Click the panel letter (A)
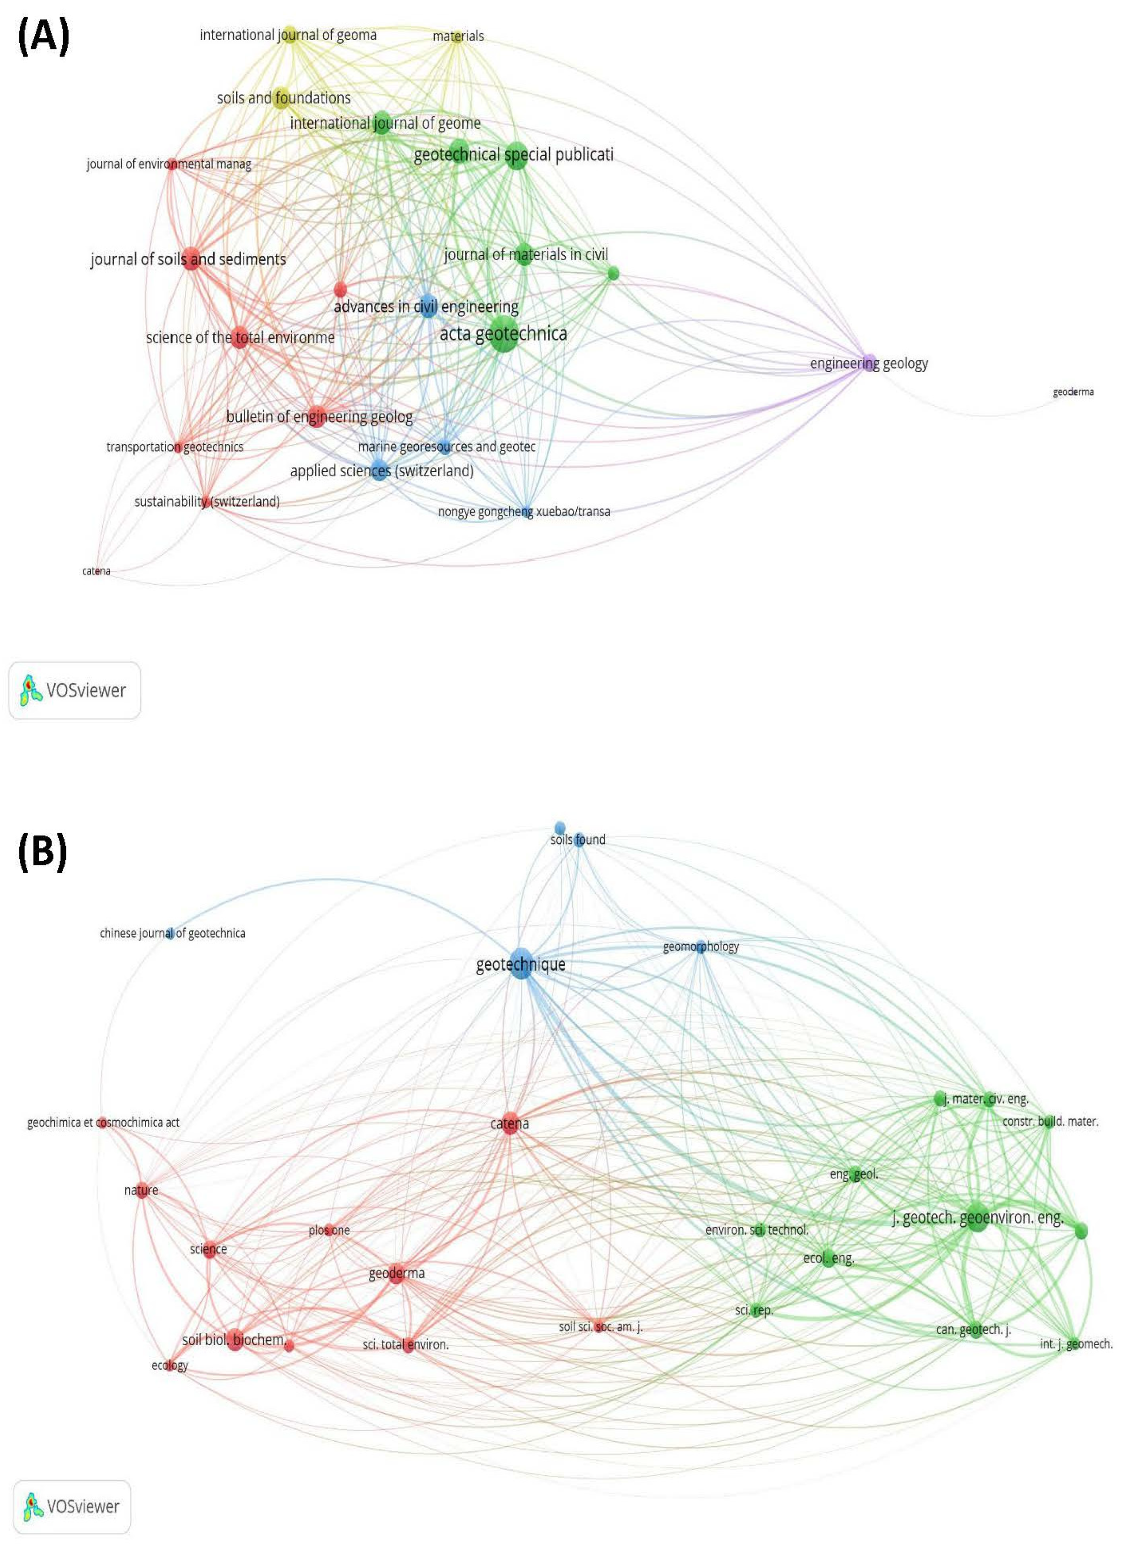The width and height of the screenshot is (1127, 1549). [42, 37]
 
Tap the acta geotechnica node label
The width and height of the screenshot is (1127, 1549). [503, 334]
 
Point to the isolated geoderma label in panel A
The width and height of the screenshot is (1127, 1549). [1073, 392]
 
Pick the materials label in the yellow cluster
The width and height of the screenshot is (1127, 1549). [458, 36]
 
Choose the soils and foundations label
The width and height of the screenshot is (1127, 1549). [284, 98]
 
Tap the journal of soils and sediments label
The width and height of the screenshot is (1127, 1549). [189, 259]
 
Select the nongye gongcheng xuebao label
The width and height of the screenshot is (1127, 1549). [524, 512]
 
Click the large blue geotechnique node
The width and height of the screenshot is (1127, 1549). [522, 964]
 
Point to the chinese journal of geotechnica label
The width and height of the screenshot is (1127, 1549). [172, 933]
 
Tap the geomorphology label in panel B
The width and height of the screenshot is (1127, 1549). [701, 947]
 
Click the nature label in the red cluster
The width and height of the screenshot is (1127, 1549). [142, 1190]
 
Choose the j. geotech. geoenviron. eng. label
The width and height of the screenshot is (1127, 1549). [977, 1218]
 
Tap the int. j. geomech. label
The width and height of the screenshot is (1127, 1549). [1076, 1343]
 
